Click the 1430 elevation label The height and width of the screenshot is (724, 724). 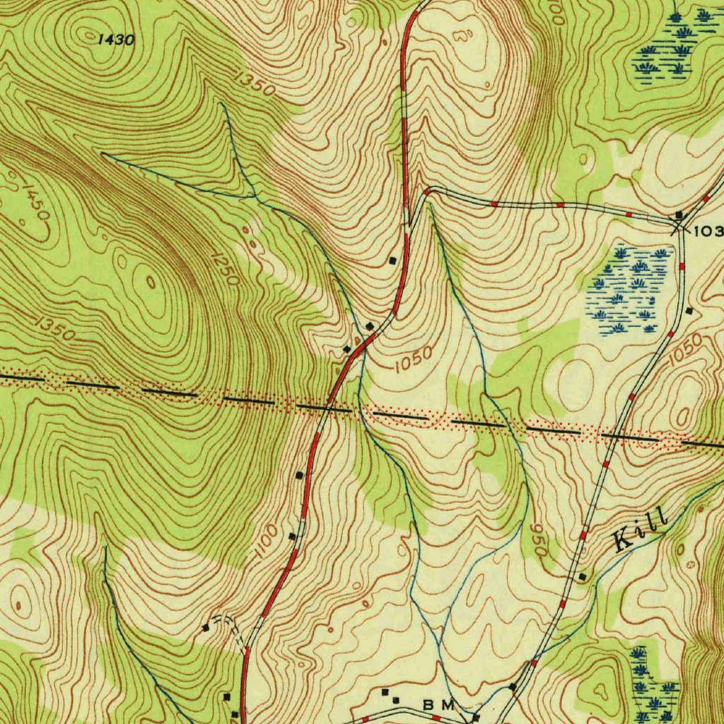(x=115, y=40)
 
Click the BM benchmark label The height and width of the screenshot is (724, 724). (x=438, y=705)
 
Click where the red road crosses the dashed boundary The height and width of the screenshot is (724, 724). (x=328, y=408)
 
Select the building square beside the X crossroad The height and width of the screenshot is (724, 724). (x=679, y=214)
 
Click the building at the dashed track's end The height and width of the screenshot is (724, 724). (x=206, y=627)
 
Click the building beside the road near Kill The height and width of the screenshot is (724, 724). (x=582, y=577)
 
